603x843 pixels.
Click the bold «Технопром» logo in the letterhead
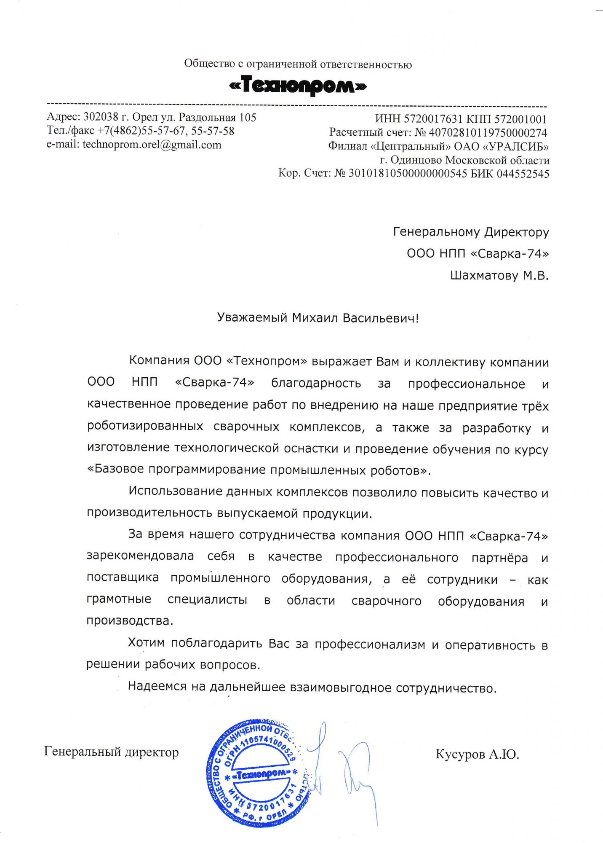(x=298, y=86)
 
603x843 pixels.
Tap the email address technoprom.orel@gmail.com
(x=152, y=145)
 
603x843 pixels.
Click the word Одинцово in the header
(x=416, y=160)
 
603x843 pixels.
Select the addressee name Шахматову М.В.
(x=499, y=276)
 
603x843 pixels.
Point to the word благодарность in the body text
(x=316, y=383)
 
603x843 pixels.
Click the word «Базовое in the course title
(x=115, y=470)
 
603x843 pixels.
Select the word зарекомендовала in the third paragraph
(x=140, y=556)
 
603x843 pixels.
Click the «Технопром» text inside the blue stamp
(x=261, y=774)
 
